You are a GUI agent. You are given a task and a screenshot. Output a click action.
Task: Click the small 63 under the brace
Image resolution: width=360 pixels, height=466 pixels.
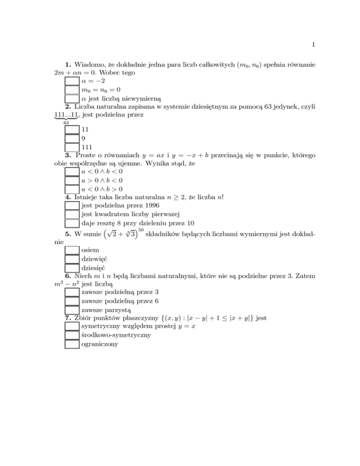pos(66,122)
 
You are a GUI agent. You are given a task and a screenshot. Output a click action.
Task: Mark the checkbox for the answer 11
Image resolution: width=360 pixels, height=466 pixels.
pos(71,128)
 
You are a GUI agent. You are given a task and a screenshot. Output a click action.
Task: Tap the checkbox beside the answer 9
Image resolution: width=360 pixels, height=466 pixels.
pos(71,138)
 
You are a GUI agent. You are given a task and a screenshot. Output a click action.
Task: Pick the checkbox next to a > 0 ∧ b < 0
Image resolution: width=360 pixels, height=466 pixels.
pos(71,180)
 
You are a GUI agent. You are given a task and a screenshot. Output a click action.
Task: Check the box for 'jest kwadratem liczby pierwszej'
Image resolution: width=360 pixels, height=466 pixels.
pos(71,214)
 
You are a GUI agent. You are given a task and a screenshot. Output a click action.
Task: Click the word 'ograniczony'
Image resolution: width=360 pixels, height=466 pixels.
pos(99,344)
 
